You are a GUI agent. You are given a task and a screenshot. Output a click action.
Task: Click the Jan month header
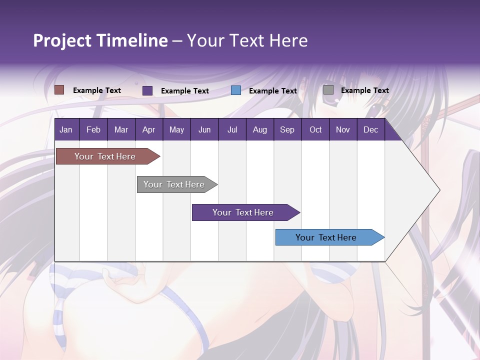click(66, 129)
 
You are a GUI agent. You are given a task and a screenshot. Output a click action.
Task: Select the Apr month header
click(148, 129)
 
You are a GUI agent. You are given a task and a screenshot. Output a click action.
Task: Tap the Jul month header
click(232, 129)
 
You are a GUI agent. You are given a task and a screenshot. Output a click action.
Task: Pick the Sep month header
click(287, 129)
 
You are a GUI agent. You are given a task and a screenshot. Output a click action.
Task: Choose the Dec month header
click(370, 129)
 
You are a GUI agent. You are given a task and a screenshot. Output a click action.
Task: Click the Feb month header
click(93, 129)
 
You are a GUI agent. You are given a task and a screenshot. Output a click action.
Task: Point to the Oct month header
click(315, 129)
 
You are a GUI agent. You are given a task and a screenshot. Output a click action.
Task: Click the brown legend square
click(59, 90)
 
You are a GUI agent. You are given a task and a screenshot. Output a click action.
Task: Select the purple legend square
click(147, 90)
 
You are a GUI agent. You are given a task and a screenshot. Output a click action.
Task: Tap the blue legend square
click(236, 90)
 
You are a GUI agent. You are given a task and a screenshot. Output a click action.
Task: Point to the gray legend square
click(328, 90)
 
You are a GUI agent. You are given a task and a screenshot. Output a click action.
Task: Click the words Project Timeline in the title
click(100, 40)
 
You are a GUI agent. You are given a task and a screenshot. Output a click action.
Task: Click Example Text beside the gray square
click(364, 90)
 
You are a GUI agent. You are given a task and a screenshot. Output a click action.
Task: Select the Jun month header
click(204, 129)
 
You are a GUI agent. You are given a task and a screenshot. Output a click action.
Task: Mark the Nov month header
click(342, 129)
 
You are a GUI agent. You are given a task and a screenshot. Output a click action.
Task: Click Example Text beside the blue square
click(272, 91)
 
